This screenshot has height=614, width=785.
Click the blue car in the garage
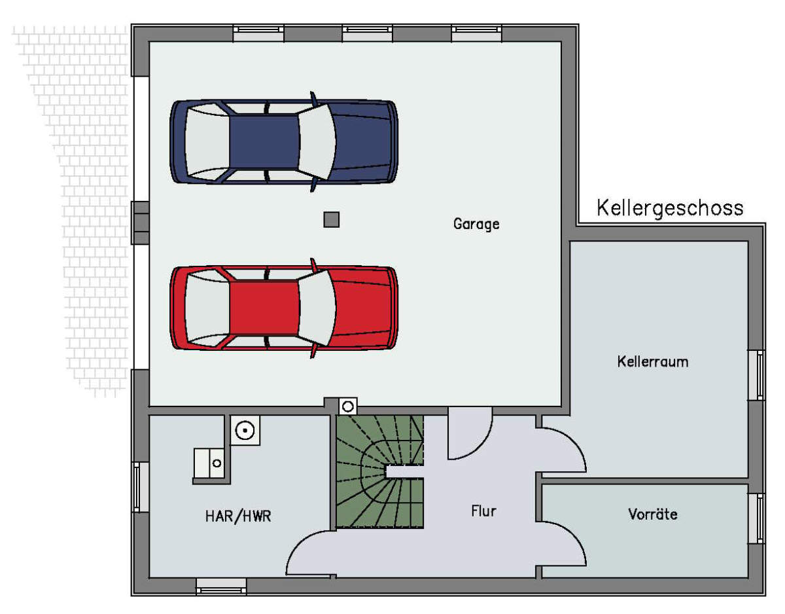click(x=284, y=141)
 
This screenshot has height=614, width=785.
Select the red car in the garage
click(x=284, y=308)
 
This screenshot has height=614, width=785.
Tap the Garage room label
click(x=476, y=225)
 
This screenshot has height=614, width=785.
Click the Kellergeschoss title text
click(x=670, y=208)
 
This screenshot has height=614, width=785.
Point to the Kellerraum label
click(x=653, y=362)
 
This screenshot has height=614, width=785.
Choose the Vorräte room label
click(x=653, y=515)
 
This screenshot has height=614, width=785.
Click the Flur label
click(x=483, y=511)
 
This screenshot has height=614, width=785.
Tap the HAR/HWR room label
click(x=238, y=516)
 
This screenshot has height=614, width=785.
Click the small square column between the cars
click(x=331, y=220)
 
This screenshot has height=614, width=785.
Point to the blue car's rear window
click(x=207, y=141)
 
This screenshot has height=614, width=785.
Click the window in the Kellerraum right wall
click(x=756, y=375)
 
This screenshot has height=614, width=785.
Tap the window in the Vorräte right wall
click(x=756, y=518)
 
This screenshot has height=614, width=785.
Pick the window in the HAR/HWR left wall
click(x=140, y=487)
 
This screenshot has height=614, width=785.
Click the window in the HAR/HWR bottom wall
click(x=222, y=587)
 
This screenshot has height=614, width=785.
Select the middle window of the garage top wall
click(x=368, y=33)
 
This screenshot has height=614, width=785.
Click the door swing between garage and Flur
click(x=470, y=433)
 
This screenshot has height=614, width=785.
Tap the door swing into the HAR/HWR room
click(x=311, y=554)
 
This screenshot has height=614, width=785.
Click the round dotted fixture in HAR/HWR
click(x=245, y=431)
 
